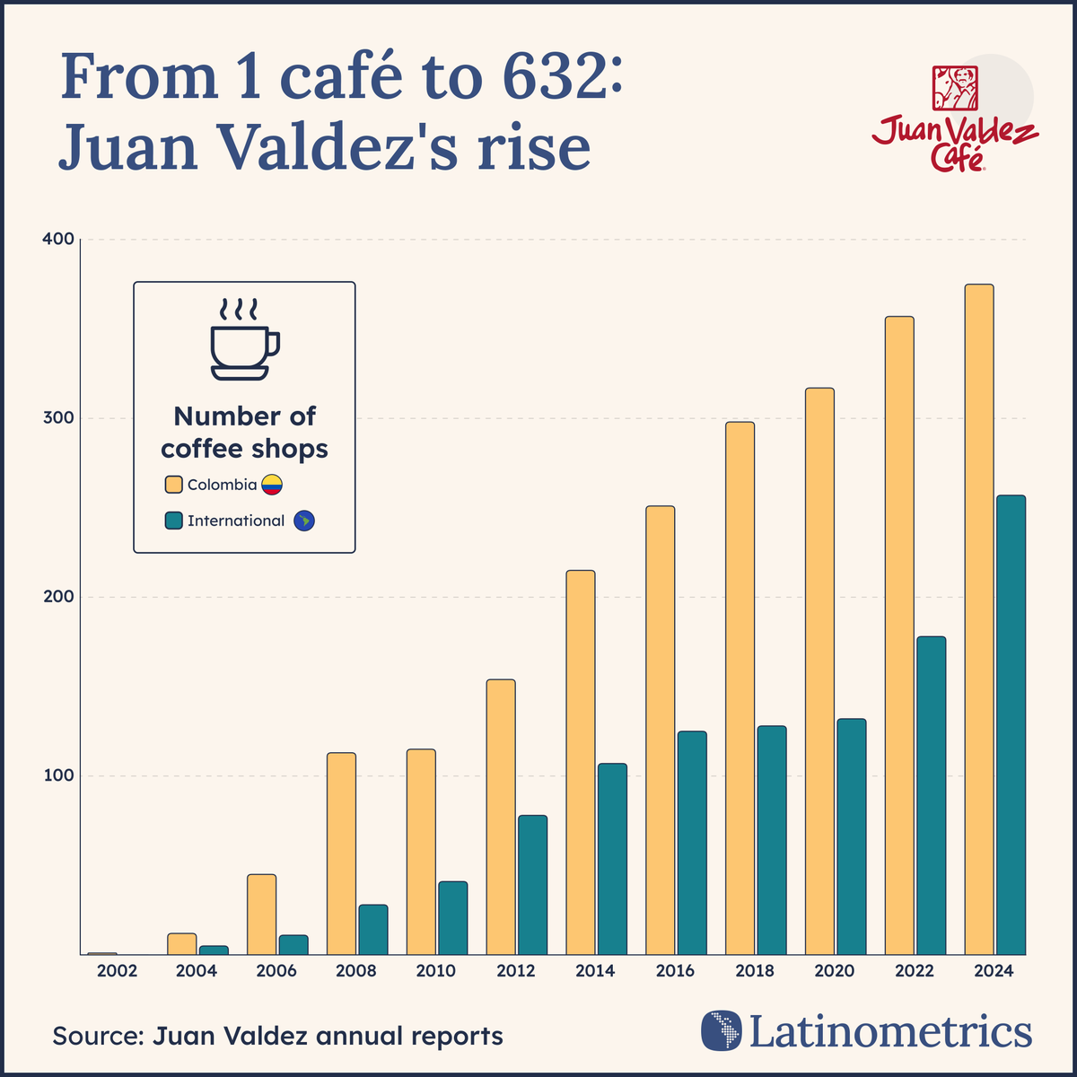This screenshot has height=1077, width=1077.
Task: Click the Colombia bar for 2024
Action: (978, 619)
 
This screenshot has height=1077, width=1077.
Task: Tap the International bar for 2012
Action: (532, 885)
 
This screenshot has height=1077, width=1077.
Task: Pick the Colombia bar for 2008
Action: (341, 854)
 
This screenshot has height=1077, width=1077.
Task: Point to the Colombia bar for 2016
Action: (660, 731)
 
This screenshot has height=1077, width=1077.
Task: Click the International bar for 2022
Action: (931, 795)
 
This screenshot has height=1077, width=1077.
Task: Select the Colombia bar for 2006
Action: (261, 915)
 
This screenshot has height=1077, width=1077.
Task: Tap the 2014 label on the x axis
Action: (595, 971)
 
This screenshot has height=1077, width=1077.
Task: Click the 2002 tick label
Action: (118, 971)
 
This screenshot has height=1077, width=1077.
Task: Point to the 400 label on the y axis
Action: (57, 240)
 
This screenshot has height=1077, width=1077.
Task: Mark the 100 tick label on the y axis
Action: (57, 775)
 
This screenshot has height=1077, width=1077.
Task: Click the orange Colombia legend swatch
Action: (174, 485)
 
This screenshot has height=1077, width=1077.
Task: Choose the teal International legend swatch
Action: (174, 521)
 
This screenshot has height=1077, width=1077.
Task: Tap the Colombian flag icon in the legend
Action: (272, 486)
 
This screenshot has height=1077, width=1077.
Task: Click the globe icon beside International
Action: (305, 521)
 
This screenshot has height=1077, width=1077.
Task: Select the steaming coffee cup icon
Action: (244, 341)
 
